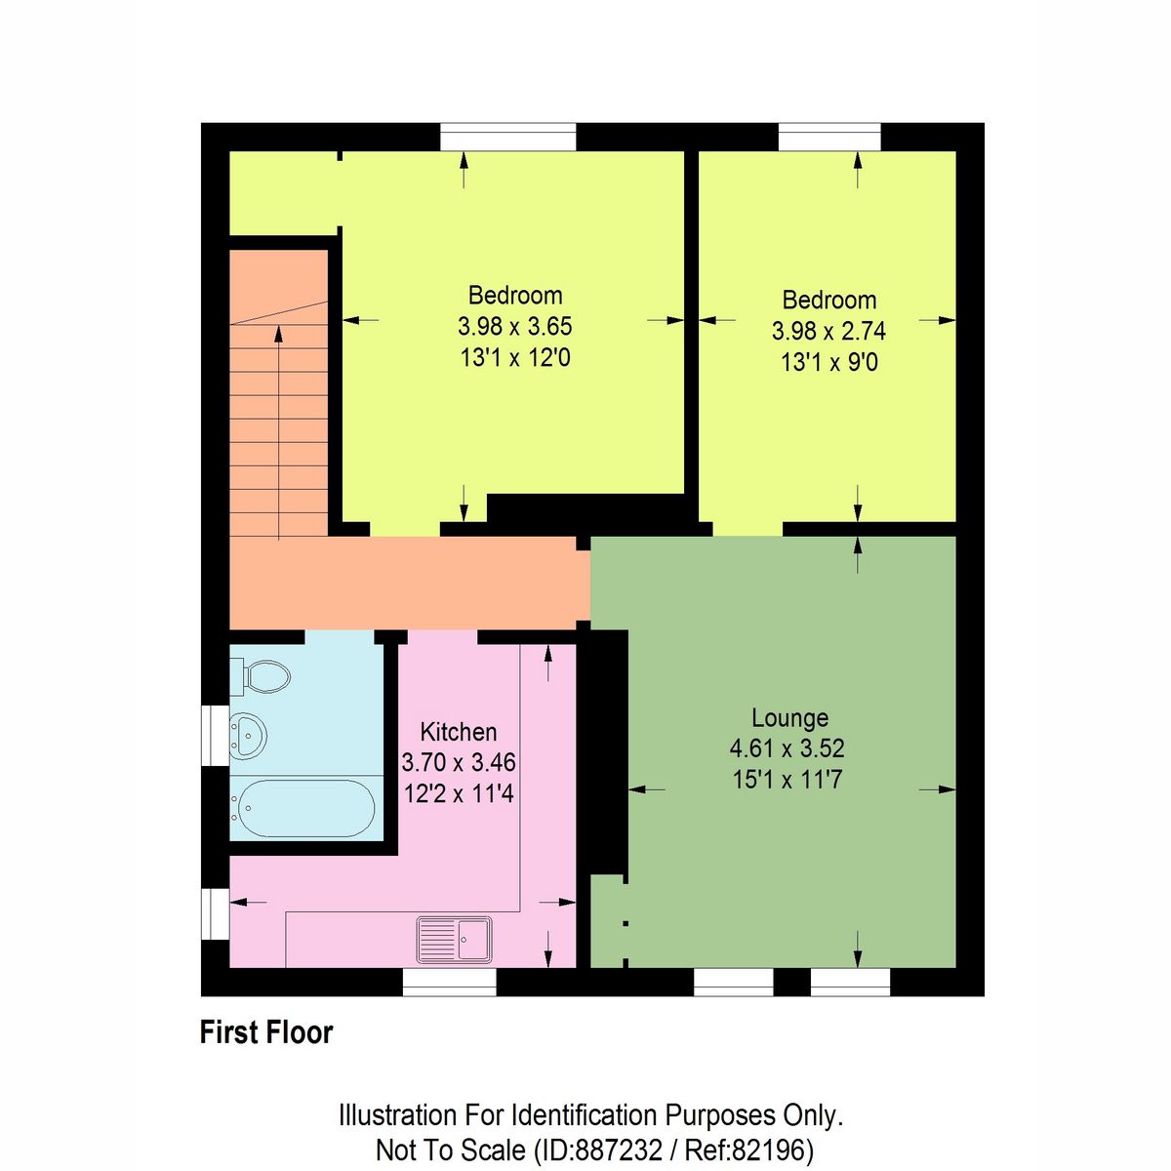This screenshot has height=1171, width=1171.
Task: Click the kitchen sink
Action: [455, 939]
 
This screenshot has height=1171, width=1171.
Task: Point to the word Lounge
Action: [789, 718]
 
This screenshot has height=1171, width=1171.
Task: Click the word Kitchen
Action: [458, 732]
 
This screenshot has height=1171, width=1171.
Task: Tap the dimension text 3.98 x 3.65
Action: [514, 326]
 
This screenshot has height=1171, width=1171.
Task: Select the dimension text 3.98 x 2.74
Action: [828, 331]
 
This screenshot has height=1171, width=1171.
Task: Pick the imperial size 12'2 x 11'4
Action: [458, 793]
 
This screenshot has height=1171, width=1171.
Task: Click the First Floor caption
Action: [266, 1032]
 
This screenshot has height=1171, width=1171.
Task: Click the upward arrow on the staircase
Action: [279, 336]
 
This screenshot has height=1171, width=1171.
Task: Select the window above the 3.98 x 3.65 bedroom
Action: [507, 137]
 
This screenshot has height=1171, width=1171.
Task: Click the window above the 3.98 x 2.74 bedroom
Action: [829, 137]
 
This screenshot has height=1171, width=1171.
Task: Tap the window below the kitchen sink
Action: [450, 982]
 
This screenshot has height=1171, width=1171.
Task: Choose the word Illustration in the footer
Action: [397, 1115]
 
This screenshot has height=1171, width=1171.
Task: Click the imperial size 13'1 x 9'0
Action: [828, 363]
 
